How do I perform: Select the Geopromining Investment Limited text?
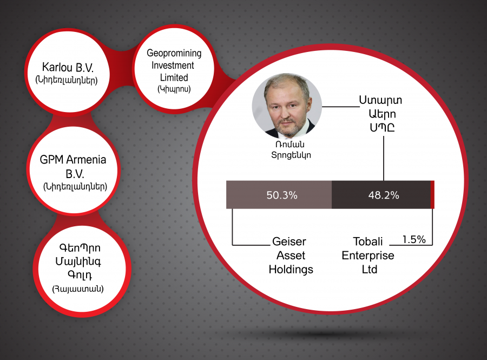pyautogui.click(x=174, y=66)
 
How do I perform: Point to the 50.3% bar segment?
pyautogui.click(x=279, y=195)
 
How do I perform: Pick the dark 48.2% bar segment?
pyautogui.click(x=381, y=195)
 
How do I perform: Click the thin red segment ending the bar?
pyautogui.click(x=432, y=195)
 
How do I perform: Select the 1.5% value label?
pyautogui.click(x=414, y=239)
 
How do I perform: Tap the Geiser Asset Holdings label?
pyautogui.click(x=291, y=256)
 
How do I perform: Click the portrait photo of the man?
pyautogui.click(x=287, y=106)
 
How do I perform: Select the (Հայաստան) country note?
pyautogui.click(x=78, y=289)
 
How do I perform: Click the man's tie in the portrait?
pyautogui.click(x=292, y=131)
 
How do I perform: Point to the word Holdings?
pyautogui.click(x=291, y=269)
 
